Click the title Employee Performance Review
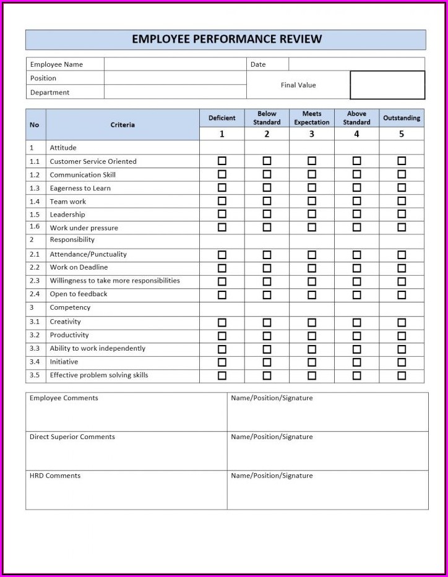(226, 39)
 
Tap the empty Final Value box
(387, 85)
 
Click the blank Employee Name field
(175, 64)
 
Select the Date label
(258, 64)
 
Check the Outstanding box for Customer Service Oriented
(402, 161)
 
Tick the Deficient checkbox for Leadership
(222, 214)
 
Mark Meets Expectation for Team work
(312, 201)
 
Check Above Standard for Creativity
(356, 322)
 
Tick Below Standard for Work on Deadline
(267, 268)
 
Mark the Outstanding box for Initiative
(402, 362)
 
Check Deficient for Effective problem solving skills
(222, 375)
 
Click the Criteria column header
(123, 125)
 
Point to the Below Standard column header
(267, 118)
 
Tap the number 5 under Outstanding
(402, 134)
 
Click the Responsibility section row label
(72, 240)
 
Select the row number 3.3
(35, 349)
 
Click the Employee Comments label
(64, 398)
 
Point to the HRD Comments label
(55, 476)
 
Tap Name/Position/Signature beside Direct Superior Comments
(272, 437)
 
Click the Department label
(50, 92)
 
